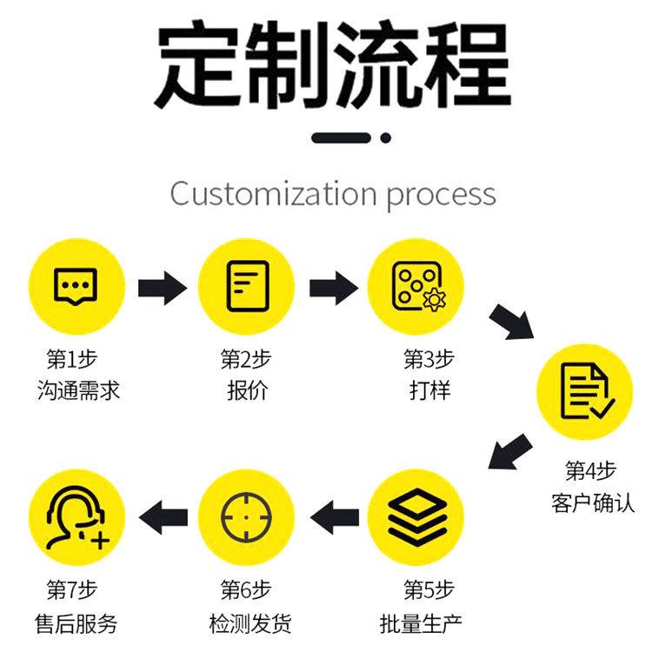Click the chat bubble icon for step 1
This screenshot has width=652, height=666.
coord(76,286)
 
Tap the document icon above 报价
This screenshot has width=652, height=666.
coord(248,286)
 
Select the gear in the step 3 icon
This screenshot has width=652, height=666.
coord(434,300)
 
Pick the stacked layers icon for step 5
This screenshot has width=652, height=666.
coord(417,517)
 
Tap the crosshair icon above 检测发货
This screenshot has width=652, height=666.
coord(246,517)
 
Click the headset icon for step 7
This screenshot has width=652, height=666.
coord(77,517)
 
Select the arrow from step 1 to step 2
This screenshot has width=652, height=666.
coord(163,288)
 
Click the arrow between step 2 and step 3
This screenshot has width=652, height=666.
coord(334,288)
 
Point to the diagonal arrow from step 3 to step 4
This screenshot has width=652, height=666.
coord(512,322)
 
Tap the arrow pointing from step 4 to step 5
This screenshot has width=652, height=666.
coord(510,451)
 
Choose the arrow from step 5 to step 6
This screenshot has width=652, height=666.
coord(335,517)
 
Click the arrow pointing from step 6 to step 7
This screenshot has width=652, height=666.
coord(163,517)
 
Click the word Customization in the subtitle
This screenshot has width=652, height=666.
coord(273,194)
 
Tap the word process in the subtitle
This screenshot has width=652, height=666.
coord(442,196)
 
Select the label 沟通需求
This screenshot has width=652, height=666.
coord(78,390)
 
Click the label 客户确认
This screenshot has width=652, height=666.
coord(593,503)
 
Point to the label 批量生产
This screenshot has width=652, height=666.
coord(421,623)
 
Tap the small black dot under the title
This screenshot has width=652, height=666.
coord(386,137)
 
